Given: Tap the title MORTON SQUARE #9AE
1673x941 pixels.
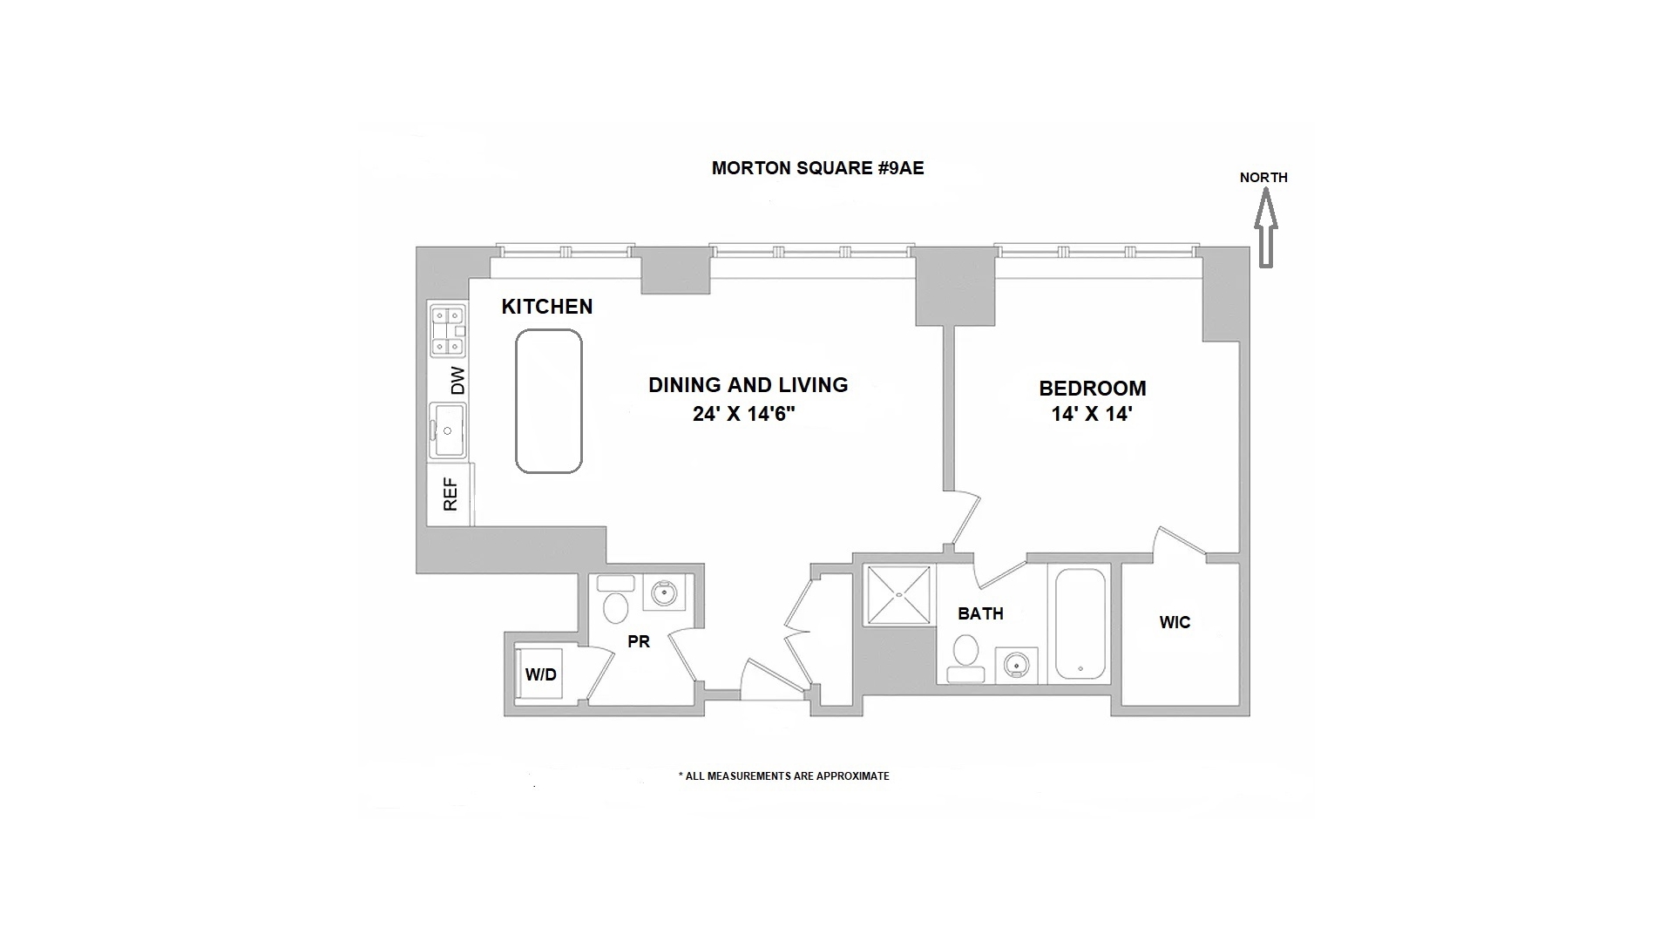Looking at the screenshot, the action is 817,168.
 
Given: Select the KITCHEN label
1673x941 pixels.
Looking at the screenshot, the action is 547,307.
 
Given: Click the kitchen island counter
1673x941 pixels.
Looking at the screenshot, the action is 549,401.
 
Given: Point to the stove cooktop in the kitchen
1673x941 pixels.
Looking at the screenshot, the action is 447,331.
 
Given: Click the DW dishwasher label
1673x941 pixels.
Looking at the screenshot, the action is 457,380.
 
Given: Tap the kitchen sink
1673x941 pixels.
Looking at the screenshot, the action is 448,430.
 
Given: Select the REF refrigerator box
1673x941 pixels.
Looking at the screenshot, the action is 450,494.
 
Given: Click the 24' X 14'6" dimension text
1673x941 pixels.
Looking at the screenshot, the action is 745,415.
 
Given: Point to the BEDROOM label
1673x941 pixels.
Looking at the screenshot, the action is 1092,389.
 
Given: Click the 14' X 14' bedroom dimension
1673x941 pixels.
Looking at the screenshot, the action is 1091,415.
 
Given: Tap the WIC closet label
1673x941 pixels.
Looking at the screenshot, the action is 1175,623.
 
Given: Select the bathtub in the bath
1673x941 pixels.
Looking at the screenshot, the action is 1080,623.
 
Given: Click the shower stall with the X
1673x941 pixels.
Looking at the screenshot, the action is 897,596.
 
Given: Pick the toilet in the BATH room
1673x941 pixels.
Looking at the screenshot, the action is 965,658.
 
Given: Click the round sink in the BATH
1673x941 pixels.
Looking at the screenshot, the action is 1015,666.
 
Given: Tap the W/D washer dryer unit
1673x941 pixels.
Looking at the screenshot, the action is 540,674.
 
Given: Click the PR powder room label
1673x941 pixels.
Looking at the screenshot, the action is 639,642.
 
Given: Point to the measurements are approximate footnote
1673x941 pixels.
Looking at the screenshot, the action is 784,776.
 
